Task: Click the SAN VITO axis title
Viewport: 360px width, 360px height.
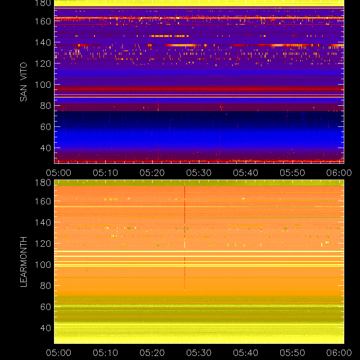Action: pyautogui.click(x=23, y=82)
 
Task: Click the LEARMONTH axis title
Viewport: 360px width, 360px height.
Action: pyautogui.click(x=23, y=262)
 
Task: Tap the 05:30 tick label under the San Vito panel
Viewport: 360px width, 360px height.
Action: pyautogui.click(x=199, y=173)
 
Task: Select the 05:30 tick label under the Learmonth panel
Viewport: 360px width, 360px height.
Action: pyautogui.click(x=199, y=353)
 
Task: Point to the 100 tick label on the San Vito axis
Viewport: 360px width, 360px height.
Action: pyautogui.click(x=43, y=85)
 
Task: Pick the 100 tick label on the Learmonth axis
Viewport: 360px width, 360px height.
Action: pyautogui.click(x=43, y=265)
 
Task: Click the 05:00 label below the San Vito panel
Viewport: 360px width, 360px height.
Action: pyautogui.click(x=58, y=173)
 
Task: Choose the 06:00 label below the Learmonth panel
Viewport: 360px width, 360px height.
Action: pyautogui.click(x=339, y=353)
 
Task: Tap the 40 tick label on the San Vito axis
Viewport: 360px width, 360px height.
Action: pyautogui.click(x=45, y=148)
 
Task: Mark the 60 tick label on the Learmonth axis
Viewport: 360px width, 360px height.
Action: pyautogui.click(x=45, y=307)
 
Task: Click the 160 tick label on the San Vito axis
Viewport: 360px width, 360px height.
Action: pyautogui.click(x=43, y=21)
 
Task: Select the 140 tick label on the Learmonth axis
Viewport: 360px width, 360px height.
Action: pyautogui.click(x=43, y=222)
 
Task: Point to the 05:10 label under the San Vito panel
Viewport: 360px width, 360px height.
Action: pyautogui.click(x=105, y=173)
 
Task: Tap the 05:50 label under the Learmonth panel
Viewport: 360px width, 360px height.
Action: pyautogui.click(x=292, y=353)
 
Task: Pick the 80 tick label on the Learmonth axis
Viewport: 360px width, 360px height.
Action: pyautogui.click(x=45, y=286)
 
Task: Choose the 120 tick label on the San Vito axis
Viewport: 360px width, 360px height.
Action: pyautogui.click(x=43, y=63)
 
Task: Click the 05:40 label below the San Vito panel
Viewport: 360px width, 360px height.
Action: pyautogui.click(x=246, y=173)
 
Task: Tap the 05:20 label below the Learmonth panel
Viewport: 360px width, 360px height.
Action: pyautogui.click(x=152, y=353)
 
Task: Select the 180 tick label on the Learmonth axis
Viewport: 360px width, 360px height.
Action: pyautogui.click(x=43, y=183)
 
